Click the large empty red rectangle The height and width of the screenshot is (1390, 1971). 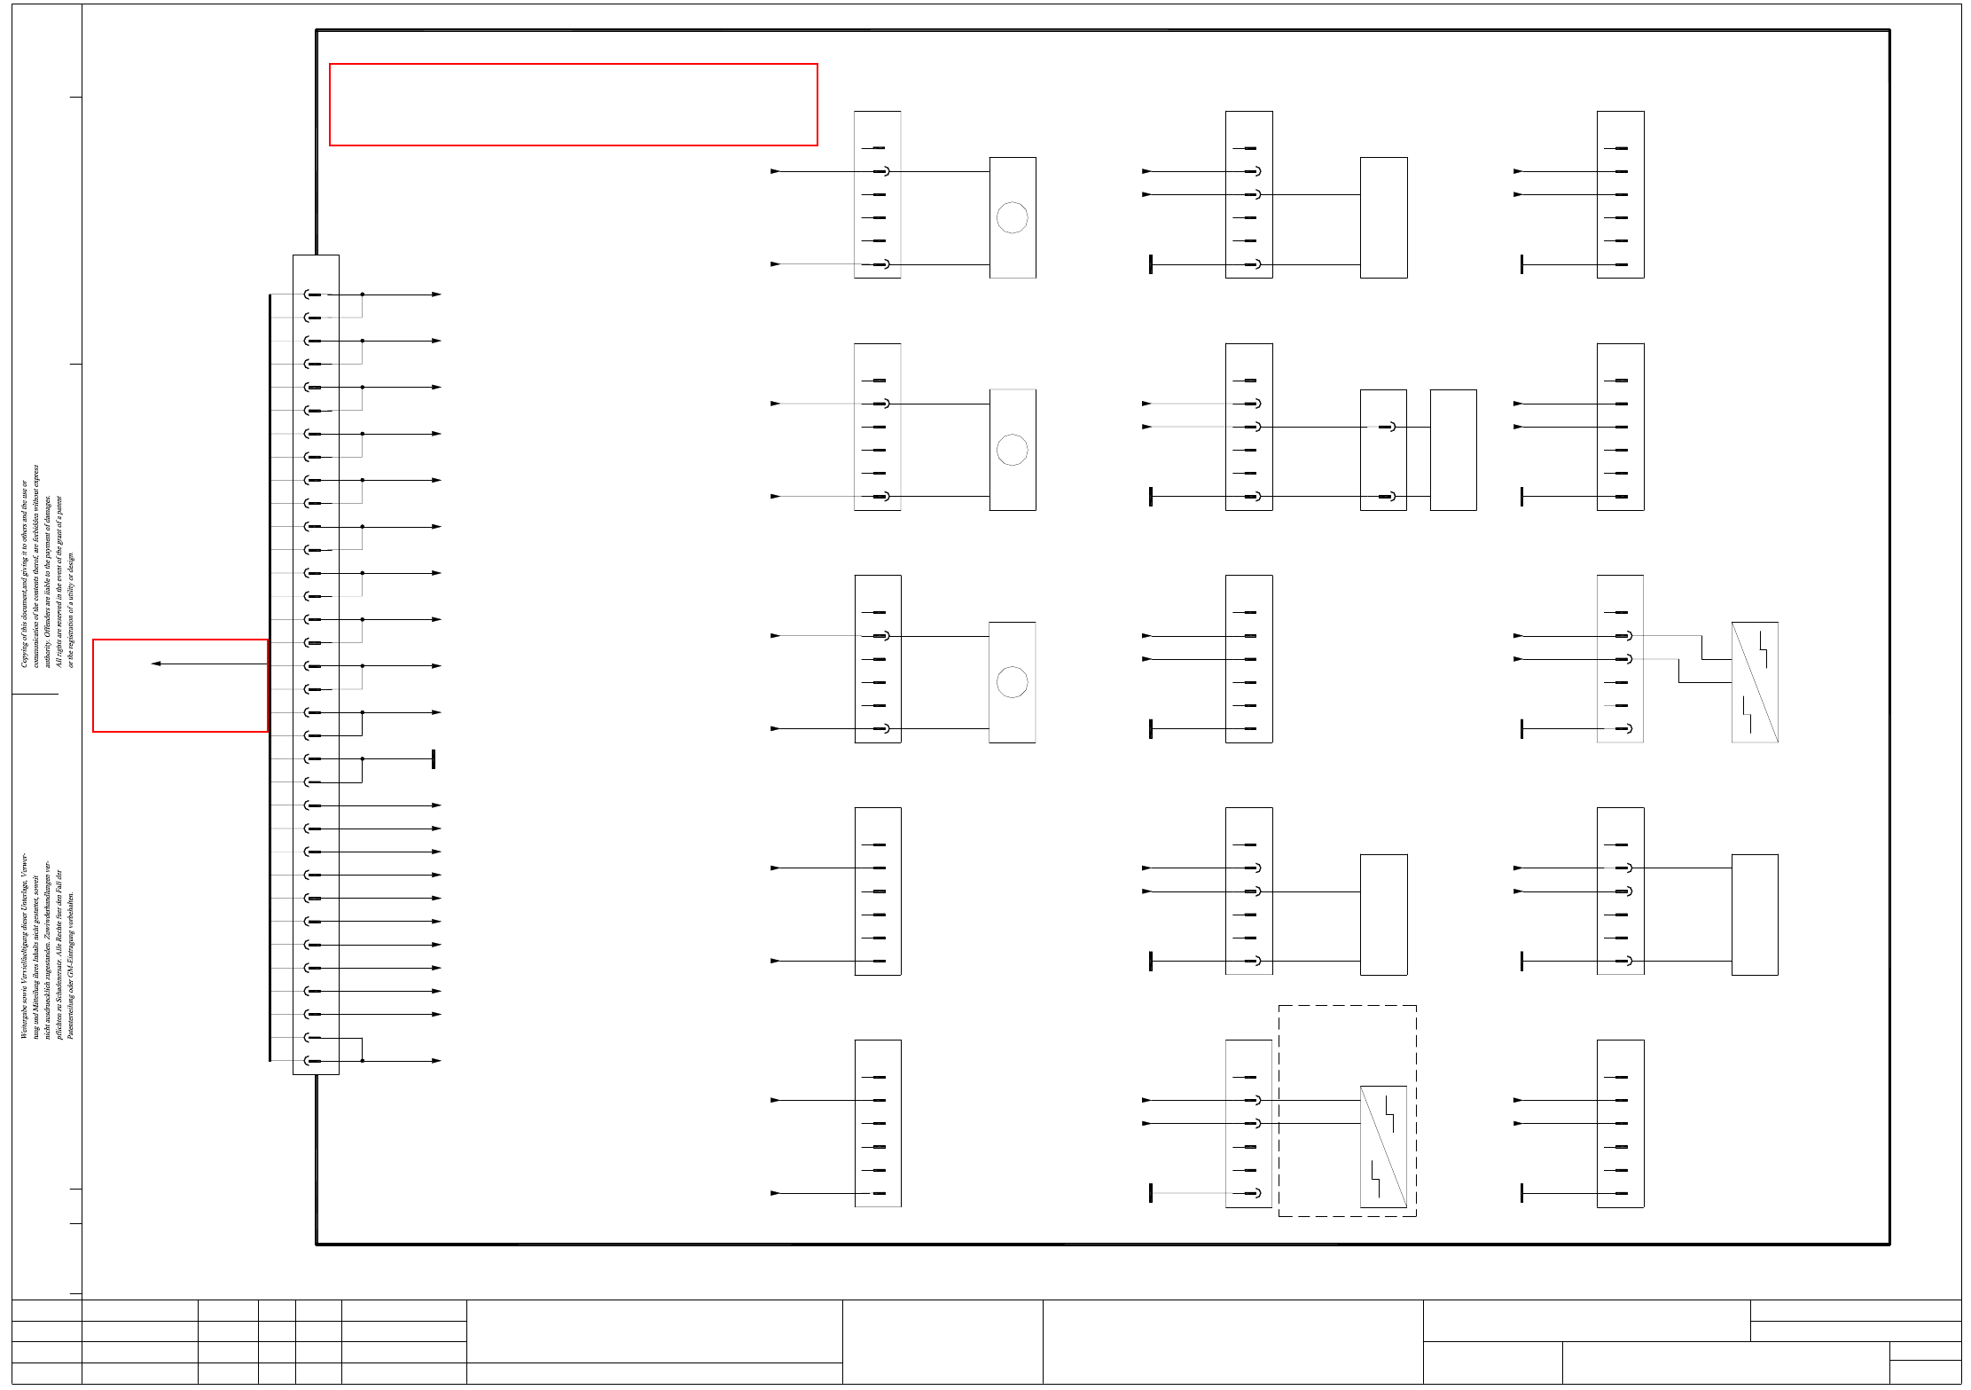pyautogui.click(x=573, y=105)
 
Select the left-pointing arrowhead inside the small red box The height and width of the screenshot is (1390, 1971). pyautogui.click(x=156, y=664)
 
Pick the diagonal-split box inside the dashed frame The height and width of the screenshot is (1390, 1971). pyautogui.click(x=1383, y=1146)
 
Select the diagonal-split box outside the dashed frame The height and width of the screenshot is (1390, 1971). pyautogui.click(x=1755, y=682)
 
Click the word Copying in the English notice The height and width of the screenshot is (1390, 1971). pyautogui.click(x=24, y=653)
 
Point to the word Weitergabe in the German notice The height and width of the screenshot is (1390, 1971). pyautogui.click(x=24, y=1019)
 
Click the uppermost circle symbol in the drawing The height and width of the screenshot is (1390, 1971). pyautogui.click(x=1012, y=217)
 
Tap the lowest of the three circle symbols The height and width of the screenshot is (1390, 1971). pyautogui.click(x=1012, y=682)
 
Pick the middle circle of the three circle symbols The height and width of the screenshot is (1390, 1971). pyautogui.click(x=1012, y=450)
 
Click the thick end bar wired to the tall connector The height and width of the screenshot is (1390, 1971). pyautogui.click(x=434, y=759)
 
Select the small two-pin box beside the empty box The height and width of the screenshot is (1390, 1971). pyautogui.click(x=1383, y=450)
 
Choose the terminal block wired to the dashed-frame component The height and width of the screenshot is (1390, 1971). pyautogui.click(x=1248, y=1123)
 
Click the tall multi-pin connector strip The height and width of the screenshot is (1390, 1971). pyautogui.click(x=316, y=664)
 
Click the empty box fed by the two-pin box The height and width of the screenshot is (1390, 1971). pyautogui.click(x=1453, y=450)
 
